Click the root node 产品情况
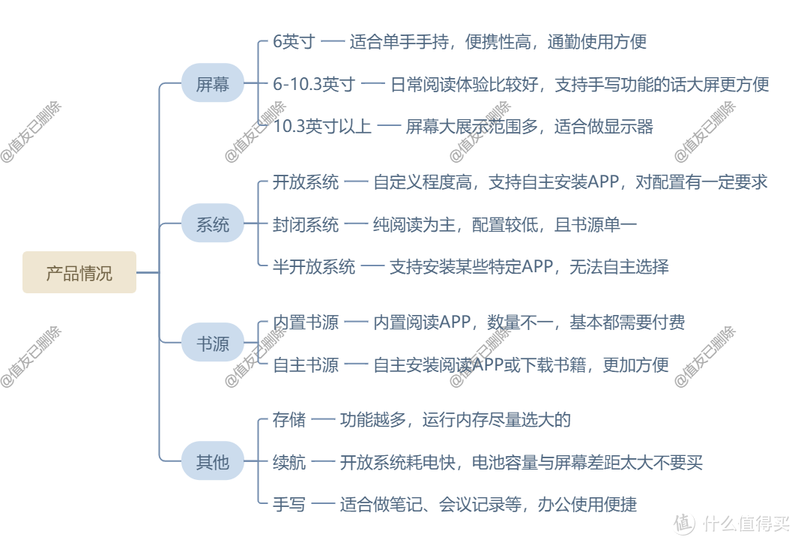[79, 272]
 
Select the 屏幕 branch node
[213, 84]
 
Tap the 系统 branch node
[213, 223]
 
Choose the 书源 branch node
[213, 343]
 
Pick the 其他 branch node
[213, 461]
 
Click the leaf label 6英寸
[294, 42]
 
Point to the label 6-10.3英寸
[314, 84]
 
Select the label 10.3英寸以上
[322, 126]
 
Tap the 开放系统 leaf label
[306, 181]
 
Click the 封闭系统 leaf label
[306, 223]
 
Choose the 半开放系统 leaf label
[314, 266]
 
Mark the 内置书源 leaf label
[306, 322]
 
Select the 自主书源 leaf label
[306, 364]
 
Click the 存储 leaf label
[289, 419]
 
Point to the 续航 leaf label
[289, 461]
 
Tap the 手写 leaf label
[289, 504]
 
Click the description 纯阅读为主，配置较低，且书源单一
[505, 223]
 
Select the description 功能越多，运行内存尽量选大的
[455, 419]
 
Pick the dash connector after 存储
[322, 420]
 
